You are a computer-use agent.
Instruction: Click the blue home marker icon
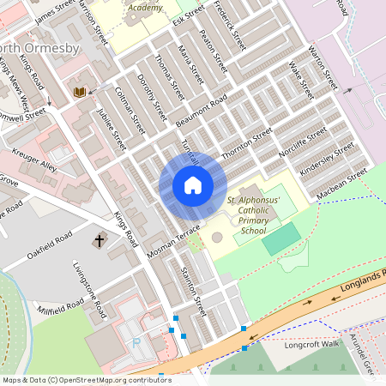[193, 185]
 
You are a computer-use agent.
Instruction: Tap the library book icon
[80, 92]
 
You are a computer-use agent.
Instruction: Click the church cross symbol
[100, 241]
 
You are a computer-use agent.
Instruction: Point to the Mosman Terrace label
[173, 243]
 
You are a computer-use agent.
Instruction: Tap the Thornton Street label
[246, 144]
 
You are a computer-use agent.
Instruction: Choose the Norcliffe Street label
[303, 143]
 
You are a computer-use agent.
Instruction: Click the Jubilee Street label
[111, 129]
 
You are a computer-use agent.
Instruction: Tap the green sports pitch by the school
[281, 238]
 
